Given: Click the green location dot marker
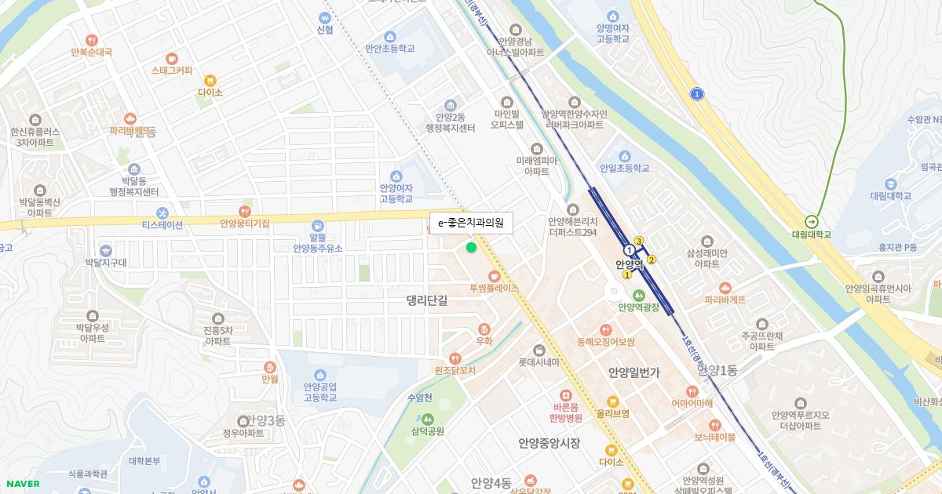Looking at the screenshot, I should (471, 248).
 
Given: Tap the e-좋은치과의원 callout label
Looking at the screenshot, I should (471, 223).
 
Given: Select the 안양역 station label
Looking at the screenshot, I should (629, 264).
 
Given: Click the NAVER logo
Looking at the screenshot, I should (22, 484).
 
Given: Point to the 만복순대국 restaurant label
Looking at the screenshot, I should (91, 52).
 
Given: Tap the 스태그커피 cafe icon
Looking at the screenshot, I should (172, 58).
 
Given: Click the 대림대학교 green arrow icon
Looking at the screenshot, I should (811, 221).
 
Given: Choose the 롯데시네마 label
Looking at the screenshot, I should (539, 362).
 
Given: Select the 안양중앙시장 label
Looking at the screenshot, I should (549, 443).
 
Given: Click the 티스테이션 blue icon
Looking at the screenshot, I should (162, 212).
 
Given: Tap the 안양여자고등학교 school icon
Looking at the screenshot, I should (396, 176).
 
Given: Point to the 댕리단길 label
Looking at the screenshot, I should (427, 300).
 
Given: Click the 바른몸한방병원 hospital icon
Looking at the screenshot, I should (564, 396).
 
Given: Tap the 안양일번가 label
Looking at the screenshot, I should (634, 372).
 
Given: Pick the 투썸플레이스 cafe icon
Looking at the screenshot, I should (494, 276).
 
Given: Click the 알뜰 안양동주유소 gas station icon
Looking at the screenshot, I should (318, 225).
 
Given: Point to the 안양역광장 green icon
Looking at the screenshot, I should (638, 295).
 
